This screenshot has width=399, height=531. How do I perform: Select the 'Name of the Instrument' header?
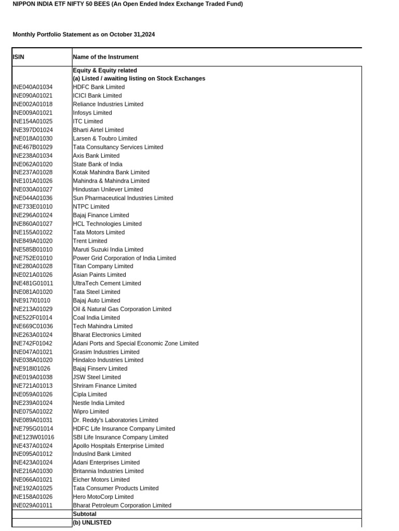[105, 57]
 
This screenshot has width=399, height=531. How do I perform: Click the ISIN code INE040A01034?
[32, 87]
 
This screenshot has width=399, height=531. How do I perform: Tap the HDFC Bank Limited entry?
[99, 87]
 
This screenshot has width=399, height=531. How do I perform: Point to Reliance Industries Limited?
[108, 104]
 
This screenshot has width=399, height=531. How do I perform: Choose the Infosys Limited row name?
[92, 113]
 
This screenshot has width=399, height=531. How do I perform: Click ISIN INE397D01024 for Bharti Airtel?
[32, 130]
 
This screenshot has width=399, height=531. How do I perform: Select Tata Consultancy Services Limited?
[118, 147]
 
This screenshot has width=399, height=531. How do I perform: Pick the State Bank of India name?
[98, 164]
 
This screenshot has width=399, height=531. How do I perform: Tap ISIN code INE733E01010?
[32, 206]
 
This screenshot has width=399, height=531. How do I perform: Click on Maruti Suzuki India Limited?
[108, 249]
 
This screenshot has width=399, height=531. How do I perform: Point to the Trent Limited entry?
[90, 241]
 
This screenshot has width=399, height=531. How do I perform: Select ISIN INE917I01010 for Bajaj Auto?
[31, 300]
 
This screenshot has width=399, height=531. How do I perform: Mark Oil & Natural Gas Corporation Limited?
[122, 309]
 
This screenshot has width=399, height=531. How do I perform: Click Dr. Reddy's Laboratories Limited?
[115, 420]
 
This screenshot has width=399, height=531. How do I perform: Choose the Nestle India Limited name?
[99, 403]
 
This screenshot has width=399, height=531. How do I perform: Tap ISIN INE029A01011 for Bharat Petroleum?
[32, 505]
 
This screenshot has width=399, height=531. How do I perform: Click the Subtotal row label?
[85, 514]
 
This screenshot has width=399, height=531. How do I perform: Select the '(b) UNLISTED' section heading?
[92, 523]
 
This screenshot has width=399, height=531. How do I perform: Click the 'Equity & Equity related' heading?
[105, 70]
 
